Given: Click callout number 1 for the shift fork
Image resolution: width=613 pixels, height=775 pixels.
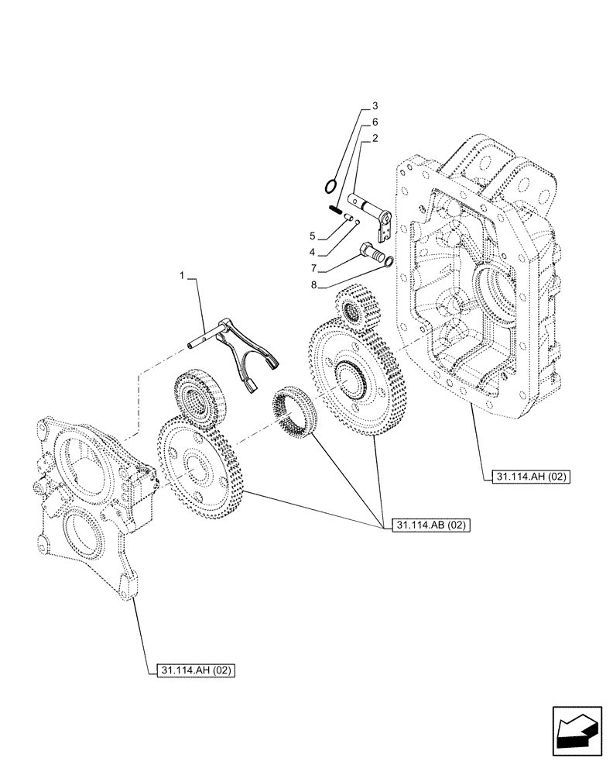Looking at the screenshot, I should point(183,275).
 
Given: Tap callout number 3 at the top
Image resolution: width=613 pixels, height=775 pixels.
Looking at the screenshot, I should point(375,105).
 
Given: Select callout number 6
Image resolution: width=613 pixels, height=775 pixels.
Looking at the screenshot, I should point(375,122).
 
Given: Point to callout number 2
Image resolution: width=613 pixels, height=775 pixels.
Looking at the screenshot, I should point(375,139).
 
